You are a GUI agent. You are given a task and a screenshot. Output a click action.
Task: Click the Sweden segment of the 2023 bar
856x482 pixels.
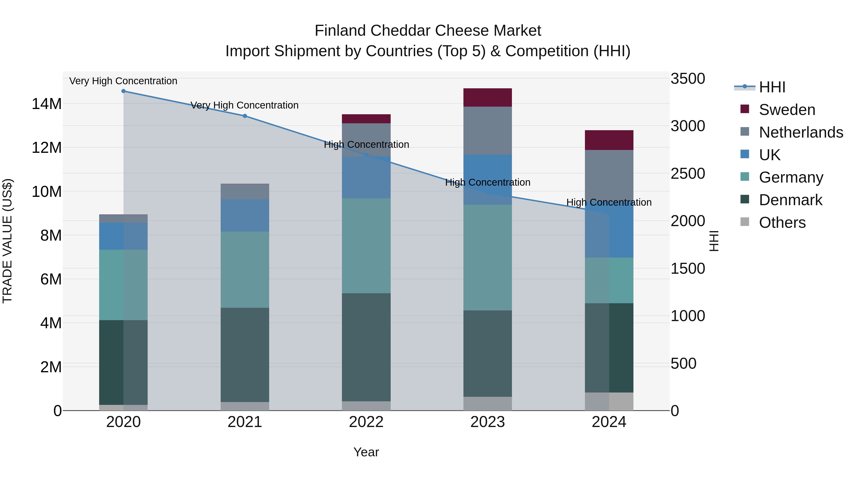click(487, 97)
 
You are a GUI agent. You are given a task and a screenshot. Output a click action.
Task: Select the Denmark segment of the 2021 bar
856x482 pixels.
click(245, 355)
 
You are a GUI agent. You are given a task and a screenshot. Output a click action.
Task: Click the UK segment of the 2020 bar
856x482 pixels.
click(123, 236)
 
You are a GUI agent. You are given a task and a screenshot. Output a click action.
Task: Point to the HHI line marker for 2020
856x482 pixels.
click(123, 91)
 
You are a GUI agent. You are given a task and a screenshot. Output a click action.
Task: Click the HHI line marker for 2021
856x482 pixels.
click(245, 116)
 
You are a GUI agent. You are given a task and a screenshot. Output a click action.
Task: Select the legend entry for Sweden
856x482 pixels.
click(787, 110)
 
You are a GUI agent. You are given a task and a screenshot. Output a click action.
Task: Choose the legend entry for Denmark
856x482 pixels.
click(790, 200)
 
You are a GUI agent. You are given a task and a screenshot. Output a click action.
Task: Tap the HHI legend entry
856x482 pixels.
click(772, 87)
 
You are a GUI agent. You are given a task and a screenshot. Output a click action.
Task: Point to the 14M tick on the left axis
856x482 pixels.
click(47, 104)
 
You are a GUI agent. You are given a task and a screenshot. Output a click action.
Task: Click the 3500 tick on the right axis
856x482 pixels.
click(687, 79)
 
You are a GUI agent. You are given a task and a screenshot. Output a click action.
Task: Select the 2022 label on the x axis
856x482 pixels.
click(366, 422)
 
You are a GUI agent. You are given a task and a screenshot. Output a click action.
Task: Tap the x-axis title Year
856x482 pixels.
click(366, 452)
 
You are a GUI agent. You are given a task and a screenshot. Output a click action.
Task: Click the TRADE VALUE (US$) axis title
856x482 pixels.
click(7, 241)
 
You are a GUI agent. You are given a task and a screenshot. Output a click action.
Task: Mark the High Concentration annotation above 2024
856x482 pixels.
click(609, 202)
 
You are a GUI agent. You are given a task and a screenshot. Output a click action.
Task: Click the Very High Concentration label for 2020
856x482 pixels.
click(123, 81)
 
